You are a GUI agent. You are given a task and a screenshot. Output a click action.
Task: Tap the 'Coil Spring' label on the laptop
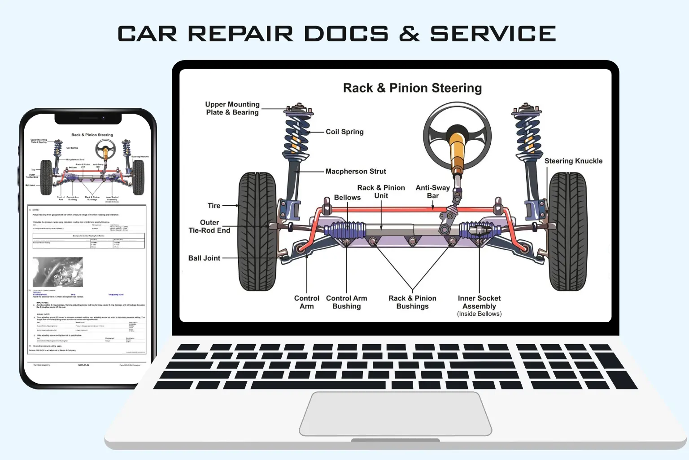point(344,132)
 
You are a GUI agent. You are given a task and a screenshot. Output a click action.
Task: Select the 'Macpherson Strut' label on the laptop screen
point(356,171)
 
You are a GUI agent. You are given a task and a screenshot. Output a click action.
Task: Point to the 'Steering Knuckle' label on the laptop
point(573,161)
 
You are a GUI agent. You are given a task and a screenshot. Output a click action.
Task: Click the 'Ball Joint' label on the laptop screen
point(204,258)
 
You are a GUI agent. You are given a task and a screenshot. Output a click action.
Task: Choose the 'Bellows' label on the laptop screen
point(347,197)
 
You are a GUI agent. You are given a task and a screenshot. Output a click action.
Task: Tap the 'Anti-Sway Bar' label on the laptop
point(432,191)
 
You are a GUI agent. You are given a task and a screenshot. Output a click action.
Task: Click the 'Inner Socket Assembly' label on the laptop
point(479,302)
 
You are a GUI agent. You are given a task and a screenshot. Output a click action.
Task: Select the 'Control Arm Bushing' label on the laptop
point(346,302)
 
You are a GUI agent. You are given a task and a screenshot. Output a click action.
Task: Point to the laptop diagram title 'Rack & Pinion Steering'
point(412,88)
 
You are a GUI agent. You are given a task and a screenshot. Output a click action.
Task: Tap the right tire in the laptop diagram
point(567,231)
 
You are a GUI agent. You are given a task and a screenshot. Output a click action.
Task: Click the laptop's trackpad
point(395,413)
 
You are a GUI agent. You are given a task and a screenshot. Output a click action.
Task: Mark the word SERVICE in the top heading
point(493,34)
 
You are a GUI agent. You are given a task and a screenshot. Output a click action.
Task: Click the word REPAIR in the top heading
point(240,34)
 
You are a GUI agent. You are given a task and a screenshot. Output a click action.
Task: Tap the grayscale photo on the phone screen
point(58,272)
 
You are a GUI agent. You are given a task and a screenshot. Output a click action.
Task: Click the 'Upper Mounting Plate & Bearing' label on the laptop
point(232,108)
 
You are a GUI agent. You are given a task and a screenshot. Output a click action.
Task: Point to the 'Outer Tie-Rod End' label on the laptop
point(209,226)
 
